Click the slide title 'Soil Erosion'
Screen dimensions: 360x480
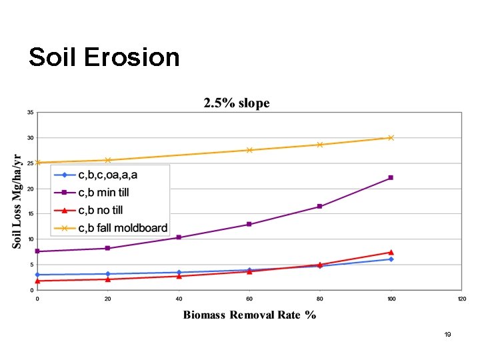pos(104,57)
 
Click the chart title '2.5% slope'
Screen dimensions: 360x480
pos(237,103)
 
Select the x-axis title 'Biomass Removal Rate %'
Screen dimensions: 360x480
pos(249,315)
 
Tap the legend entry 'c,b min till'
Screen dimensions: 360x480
pos(103,193)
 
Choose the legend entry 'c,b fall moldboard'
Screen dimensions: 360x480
pos(123,228)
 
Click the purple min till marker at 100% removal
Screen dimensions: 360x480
pos(391,177)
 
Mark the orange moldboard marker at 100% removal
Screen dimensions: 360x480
pos(391,138)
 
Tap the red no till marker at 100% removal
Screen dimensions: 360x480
pos(391,252)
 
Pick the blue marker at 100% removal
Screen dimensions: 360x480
pos(391,259)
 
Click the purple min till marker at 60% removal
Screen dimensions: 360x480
pos(249,224)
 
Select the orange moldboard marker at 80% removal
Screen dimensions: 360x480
pos(320,145)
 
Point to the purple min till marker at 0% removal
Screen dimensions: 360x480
pos(37,251)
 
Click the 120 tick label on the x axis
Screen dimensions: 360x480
pos(461,299)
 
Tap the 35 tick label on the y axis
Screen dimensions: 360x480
pos(30,113)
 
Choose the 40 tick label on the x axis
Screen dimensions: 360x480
pos(179,299)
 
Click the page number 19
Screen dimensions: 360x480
pos(448,334)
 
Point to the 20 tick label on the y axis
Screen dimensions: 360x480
pos(30,189)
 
